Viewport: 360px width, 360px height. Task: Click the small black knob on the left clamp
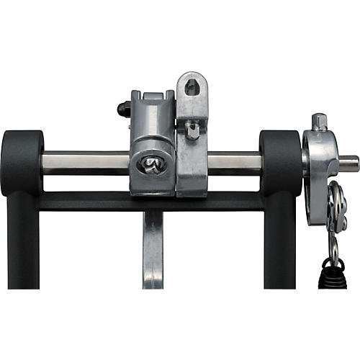pyautogui.click(x=120, y=110)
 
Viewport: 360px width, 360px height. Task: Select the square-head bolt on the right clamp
pyautogui.click(x=193, y=130)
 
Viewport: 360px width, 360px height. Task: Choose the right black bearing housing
pyautogui.click(x=279, y=163)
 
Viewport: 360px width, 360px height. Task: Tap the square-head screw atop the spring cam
pyautogui.click(x=319, y=121)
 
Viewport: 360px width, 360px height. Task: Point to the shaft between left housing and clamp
pyautogui.click(x=86, y=162)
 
